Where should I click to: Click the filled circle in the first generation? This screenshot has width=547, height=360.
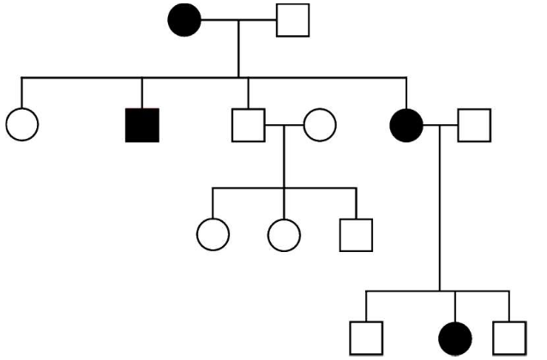click(x=186, y=20)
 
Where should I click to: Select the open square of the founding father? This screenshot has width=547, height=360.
click(x=292, y=20)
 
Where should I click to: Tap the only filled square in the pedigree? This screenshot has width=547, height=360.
click(x=141, y=125)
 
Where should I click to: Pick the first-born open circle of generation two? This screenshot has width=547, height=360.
click(x=21, y=125)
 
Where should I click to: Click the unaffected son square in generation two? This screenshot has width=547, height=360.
click(x=248, y=125)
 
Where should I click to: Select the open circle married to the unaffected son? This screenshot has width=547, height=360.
click(x=319, y=125)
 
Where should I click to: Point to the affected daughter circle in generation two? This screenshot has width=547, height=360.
click(x=406, y=125)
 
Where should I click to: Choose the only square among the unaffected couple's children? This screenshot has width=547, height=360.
click(x=356, y=232)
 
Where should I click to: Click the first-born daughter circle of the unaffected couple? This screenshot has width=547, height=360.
click(x=213, y=232)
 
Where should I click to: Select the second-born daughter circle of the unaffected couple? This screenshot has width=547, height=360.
click(x=284, y=232)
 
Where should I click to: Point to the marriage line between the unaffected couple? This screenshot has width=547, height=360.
click(x=283, y=125)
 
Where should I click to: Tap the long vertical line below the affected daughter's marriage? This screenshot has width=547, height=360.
click(x=439, y=214)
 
